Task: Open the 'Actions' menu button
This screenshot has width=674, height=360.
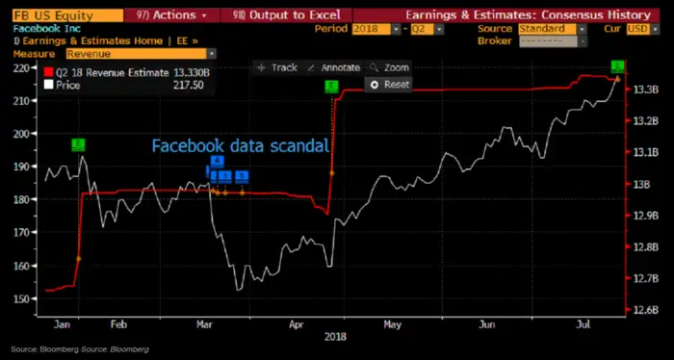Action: [x=165, y=15]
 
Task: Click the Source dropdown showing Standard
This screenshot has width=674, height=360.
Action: [x=547, y=29]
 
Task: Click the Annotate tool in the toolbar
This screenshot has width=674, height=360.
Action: [x=335, y=68]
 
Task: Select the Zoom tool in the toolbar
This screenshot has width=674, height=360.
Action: [x=389, y=68]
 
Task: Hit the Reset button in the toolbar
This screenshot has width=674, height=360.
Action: [x=390, y=85]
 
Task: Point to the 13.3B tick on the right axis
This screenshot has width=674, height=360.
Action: [x=644, y=90]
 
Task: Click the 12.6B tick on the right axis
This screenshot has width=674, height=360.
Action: [x=644, y=310]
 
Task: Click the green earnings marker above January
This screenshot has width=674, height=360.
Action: [x=78, y=144]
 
